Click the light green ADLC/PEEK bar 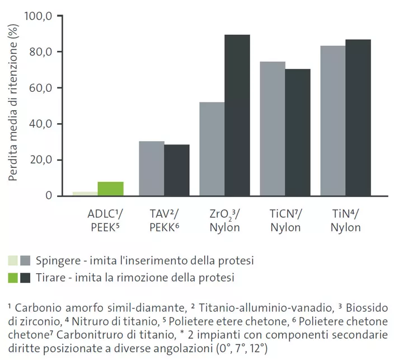(85, 194)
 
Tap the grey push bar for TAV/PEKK (151, 169)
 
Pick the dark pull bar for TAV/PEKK (176, 170)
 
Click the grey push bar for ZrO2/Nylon (212, 149)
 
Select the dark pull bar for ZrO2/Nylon (237, 115)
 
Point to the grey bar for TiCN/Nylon (273, 129)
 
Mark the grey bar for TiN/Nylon (333, 121)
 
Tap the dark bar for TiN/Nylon (358, 118)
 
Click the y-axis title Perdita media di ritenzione (13, 106)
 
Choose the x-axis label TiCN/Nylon (285, 221)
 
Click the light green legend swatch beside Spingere (13, 260)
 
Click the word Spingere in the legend (55, 261)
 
